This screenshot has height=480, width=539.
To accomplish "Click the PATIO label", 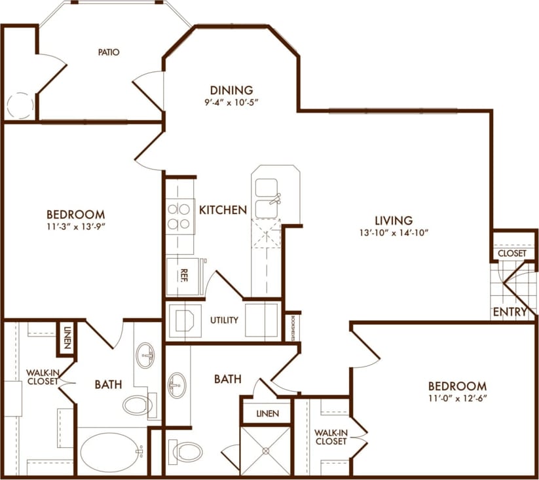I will pyautogui.click(x=109, y=52).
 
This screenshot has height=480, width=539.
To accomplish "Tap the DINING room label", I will pyautogui.click(x=231, y=90).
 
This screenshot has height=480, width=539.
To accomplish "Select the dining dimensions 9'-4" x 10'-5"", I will pyautogui.click(x=231, y=102).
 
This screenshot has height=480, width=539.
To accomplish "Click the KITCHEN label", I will pyautogui.click(x=223, y=210).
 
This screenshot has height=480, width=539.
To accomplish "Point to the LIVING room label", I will pyautogui.click(x=393, y=221).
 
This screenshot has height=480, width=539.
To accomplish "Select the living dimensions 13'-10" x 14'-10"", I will pyautogui.click(x=393, y=232).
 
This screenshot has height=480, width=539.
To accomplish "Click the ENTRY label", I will pyautogui.click(x=511, y=312).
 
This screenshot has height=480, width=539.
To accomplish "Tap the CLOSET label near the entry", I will pyautogui.click(x=511, y=253).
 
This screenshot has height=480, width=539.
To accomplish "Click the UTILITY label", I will pyautogui.click(x=224, y=320).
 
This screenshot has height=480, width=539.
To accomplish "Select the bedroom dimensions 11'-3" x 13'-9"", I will pyautogui.click(x=76, y=227).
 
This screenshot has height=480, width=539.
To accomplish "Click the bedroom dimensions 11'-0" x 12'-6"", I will pyautogui.click(x=457, y=398).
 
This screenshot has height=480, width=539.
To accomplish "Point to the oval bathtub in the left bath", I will pyautogui.click(x=112, y=451).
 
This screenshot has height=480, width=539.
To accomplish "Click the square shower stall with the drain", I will pyautogui.click(x=265, y=451).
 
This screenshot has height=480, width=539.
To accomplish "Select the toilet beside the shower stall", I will pyautogui.click(x=187, y=451).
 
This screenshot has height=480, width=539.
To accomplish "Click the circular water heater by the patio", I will pyautogui.click(x=20, y=106).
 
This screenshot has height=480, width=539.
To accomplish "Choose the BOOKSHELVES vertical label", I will pyautogui.click(x=291, y=327).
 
